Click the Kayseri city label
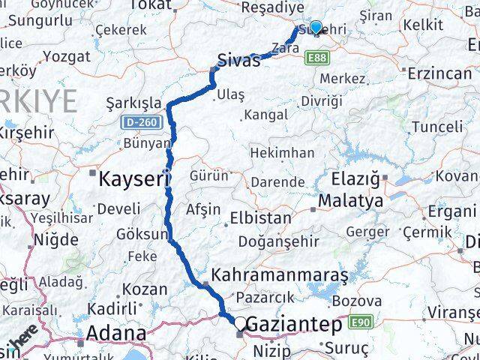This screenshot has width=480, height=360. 127,178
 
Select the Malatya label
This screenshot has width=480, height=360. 350,201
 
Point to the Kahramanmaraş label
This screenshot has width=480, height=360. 280,275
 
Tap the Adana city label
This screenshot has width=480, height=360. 116,332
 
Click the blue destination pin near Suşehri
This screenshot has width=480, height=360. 316,28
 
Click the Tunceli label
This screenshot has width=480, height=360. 437,127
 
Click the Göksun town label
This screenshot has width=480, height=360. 139,234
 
